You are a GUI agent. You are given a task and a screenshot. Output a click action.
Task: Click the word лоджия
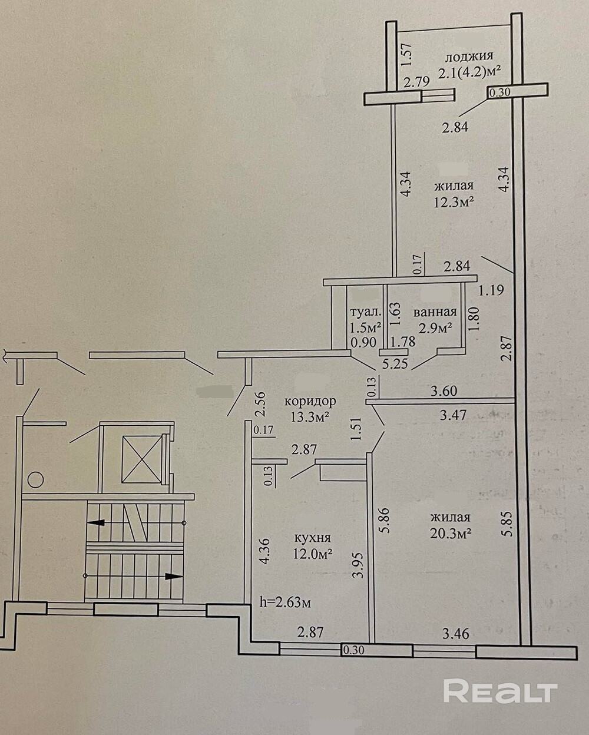(469, 57)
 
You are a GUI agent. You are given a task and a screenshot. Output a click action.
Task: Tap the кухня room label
(312, 538)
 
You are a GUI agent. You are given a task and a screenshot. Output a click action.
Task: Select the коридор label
(310, 402)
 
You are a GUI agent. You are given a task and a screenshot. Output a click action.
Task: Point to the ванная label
(435, 312)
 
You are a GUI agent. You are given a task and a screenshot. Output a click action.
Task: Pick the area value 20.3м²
(451, 534)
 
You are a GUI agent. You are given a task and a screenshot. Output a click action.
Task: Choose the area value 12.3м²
(454, 202)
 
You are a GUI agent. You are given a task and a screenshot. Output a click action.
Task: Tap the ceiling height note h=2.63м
(285, 602)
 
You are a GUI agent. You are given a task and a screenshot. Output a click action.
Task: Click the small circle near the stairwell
(35, 479)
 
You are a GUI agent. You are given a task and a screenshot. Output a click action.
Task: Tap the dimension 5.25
(395, 364)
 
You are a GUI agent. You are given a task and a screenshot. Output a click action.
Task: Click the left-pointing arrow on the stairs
(94, 522)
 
